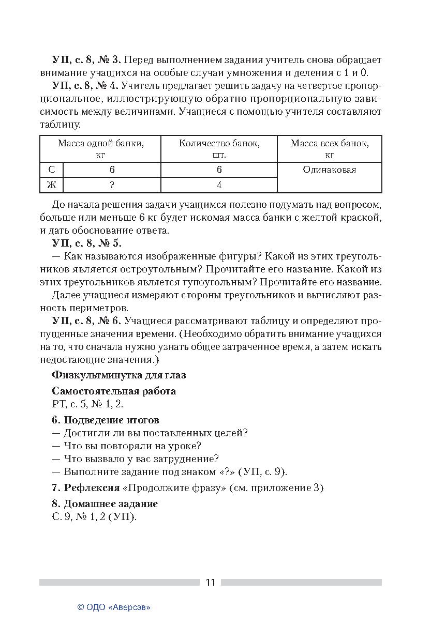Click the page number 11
tap(210, 582)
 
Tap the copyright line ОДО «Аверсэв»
tap(113, 607)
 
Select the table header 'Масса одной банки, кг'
tap(100, 149)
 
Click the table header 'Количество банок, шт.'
tap(219, 149)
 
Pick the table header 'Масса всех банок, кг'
tap(330, 149)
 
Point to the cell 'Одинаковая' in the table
tap(330, 170)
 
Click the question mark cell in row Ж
tap(112, 185)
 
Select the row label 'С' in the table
tap(51, 170)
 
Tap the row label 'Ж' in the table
tap(51, 185)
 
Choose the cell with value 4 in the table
tap(219, 185)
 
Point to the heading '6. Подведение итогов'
tap(106, 420)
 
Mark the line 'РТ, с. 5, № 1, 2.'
tap(87, 404)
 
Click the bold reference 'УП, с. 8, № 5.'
tap(86, 243)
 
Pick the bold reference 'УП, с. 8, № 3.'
tap(86, 59)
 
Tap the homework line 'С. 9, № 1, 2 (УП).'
tap(94, 516)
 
